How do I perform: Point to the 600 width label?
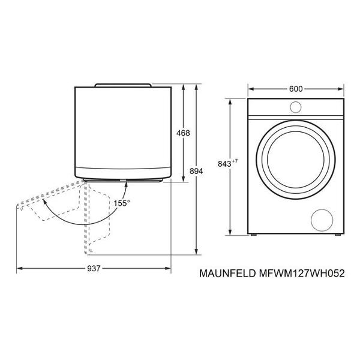295,89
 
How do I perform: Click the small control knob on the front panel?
296,107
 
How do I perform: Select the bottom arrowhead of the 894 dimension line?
198,253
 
